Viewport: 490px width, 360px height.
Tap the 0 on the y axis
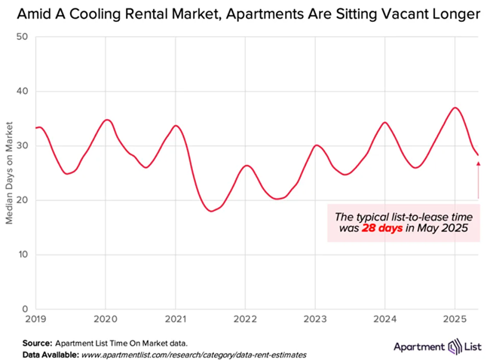[x=25, y=309]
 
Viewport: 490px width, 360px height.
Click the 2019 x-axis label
[x=35, y=319]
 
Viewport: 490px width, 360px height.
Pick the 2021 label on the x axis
[x=175, y=319]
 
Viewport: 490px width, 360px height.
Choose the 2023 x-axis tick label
[x=314, y=319]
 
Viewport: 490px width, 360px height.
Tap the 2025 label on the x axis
[x=455, y=319]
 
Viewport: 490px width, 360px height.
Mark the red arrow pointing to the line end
[x=478, y=181]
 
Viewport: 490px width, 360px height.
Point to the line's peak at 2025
[x=455, y=108]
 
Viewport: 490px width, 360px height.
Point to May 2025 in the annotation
[x=443, y=228]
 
